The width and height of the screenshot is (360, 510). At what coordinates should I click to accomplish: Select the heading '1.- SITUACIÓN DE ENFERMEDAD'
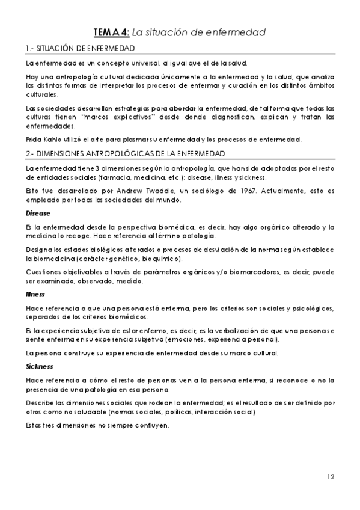79,48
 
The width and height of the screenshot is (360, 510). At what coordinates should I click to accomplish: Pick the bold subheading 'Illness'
35,296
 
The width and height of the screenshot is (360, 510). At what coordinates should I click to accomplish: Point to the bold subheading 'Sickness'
40,366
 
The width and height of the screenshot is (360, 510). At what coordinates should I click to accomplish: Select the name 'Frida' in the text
34,140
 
